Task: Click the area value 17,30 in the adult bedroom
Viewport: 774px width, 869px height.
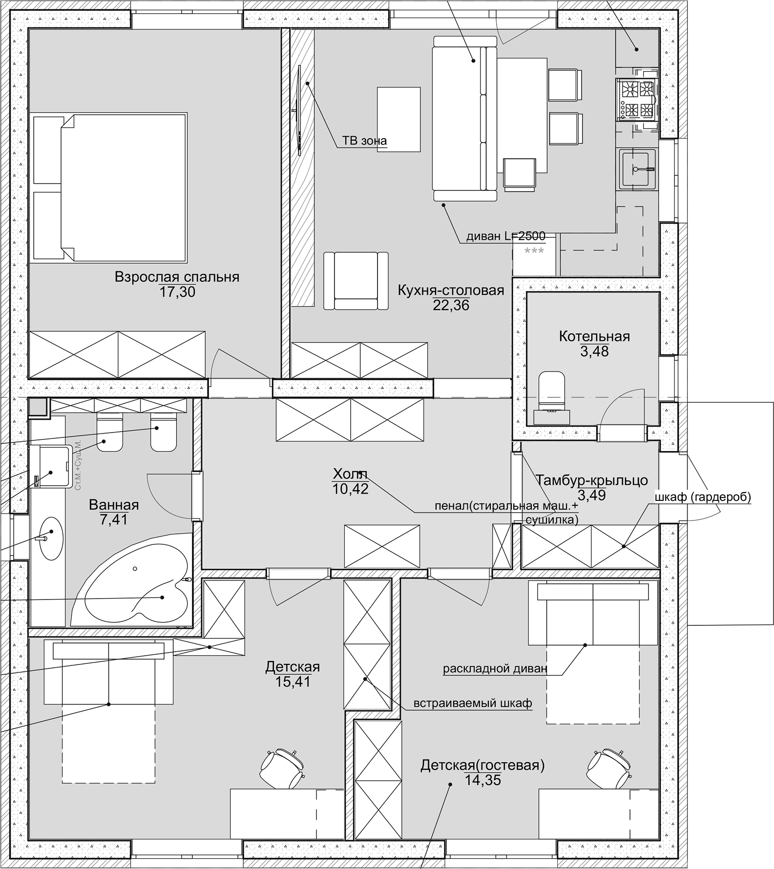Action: tap(177, 292)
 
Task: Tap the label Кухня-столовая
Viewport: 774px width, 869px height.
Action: tap(450, 290)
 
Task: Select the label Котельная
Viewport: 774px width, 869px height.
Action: tap(594, 336)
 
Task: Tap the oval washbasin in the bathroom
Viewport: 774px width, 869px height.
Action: tap(51, 538)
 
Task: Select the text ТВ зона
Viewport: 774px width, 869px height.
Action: tap(364, 141)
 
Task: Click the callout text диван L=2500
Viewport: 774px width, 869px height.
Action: tap(505, 236)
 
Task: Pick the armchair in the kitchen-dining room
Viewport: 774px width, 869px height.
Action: tap(356, 281)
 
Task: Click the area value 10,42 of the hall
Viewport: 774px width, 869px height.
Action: tap(350, 489)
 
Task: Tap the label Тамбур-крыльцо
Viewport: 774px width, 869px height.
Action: tap(591, 480)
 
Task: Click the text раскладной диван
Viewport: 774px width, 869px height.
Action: tap(495, 668)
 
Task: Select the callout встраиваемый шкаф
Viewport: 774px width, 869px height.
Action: tap(472, 703)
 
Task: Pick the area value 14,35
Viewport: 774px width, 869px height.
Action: tap(482, 780)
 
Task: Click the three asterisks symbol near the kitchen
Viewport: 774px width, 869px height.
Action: tap(534, 251)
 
